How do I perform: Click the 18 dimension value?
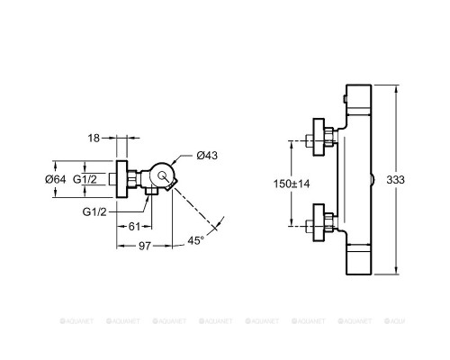[94, 138]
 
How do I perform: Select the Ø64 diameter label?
[56, 179]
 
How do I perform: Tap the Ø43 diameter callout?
[207, 156]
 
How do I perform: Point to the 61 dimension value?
[134, 227]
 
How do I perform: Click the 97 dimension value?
[145, 246]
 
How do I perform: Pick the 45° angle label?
[195, 240]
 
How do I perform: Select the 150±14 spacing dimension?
[292, 184]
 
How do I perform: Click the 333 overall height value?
[395, 180]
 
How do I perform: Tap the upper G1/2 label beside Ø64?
[85, 179]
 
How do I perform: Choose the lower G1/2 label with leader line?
[94, 212]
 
